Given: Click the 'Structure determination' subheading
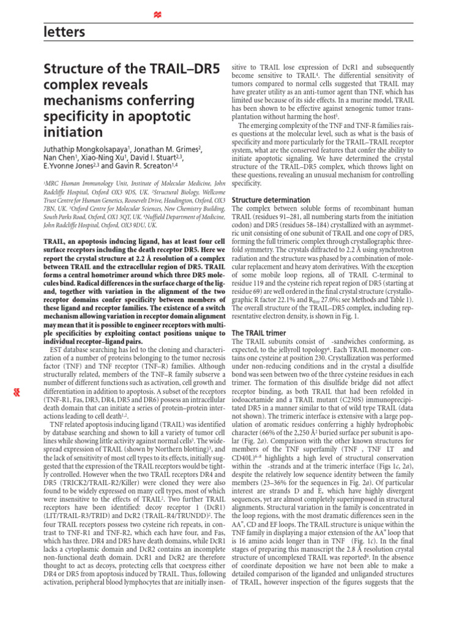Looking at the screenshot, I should tap(271, 200).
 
